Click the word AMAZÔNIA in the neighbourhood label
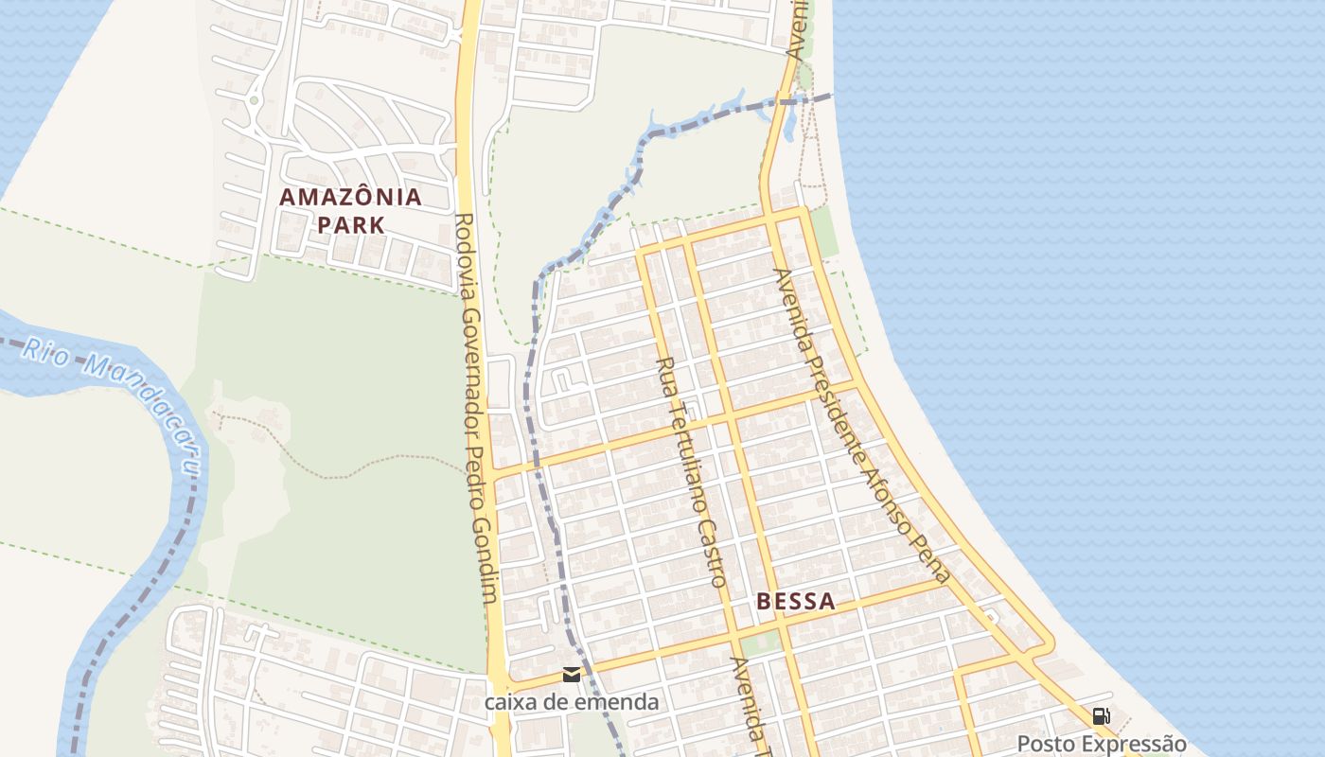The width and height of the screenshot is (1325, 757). (350, 198)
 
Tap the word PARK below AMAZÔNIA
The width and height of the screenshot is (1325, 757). (350, 225)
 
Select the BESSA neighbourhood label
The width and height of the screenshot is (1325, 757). (795, 601)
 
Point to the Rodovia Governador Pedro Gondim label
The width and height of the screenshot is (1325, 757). (476, 407)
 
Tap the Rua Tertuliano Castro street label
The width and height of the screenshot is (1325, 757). (692, 471)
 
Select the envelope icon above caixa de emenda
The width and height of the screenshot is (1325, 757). (571, 675)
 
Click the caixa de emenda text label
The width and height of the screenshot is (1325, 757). (571, 702)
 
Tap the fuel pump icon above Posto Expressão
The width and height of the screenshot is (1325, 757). (1101, 716)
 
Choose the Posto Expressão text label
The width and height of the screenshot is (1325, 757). (1101, 744)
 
